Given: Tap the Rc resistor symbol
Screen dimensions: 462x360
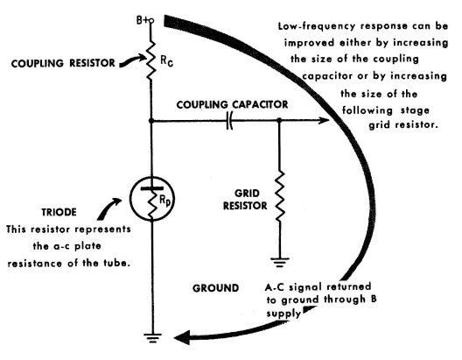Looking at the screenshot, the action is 150,60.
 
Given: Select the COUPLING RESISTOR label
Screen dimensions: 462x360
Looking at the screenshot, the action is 63,63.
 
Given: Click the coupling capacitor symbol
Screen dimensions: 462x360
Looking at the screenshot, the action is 229,120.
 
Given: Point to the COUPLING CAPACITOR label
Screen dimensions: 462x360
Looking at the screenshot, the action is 232,104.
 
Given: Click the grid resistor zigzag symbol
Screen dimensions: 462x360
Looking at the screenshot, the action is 279,195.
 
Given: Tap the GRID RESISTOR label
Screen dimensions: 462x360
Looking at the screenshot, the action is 245,200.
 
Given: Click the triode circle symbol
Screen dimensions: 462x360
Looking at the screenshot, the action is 151,199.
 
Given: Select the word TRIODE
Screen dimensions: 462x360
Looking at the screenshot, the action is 59,212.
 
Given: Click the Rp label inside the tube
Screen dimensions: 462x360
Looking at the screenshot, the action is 165,201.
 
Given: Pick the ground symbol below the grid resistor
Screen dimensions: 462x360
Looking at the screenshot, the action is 280,262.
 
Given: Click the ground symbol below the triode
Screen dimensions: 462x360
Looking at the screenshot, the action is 152,338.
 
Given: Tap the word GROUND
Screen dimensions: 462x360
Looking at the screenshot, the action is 215,288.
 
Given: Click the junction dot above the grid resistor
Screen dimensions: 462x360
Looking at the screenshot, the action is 279,120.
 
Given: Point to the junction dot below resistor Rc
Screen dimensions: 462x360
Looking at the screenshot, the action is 151,121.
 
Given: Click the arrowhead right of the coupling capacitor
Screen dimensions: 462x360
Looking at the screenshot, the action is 325,120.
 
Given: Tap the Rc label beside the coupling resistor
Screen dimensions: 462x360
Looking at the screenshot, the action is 166,61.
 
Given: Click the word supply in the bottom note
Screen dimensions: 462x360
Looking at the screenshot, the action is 283,314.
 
